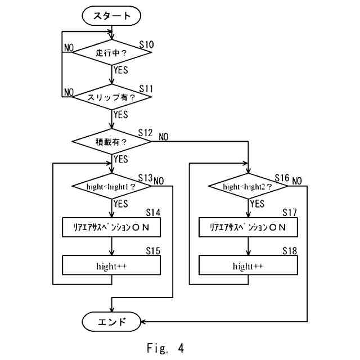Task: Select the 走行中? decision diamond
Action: click(112, 53)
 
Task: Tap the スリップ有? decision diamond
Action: click(112, 97)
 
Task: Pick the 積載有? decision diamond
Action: click(112, 141)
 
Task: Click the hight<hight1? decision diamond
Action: click(112, 186)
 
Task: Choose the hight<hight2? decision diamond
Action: click(248, 186)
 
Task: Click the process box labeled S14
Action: click(112, 227)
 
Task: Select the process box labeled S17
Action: click(248, 227)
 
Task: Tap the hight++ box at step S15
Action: click(112, 265)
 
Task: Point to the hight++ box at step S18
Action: click(248, 265)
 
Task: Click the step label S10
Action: click(146, 44)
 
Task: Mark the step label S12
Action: click(145, 133)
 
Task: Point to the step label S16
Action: click(282, 178)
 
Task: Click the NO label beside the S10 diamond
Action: click(69, 48)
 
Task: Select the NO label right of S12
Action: click(164, 137)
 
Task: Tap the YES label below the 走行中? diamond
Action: click(120, 70)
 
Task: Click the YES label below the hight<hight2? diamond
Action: click(256, 203)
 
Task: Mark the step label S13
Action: click(145, 178)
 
